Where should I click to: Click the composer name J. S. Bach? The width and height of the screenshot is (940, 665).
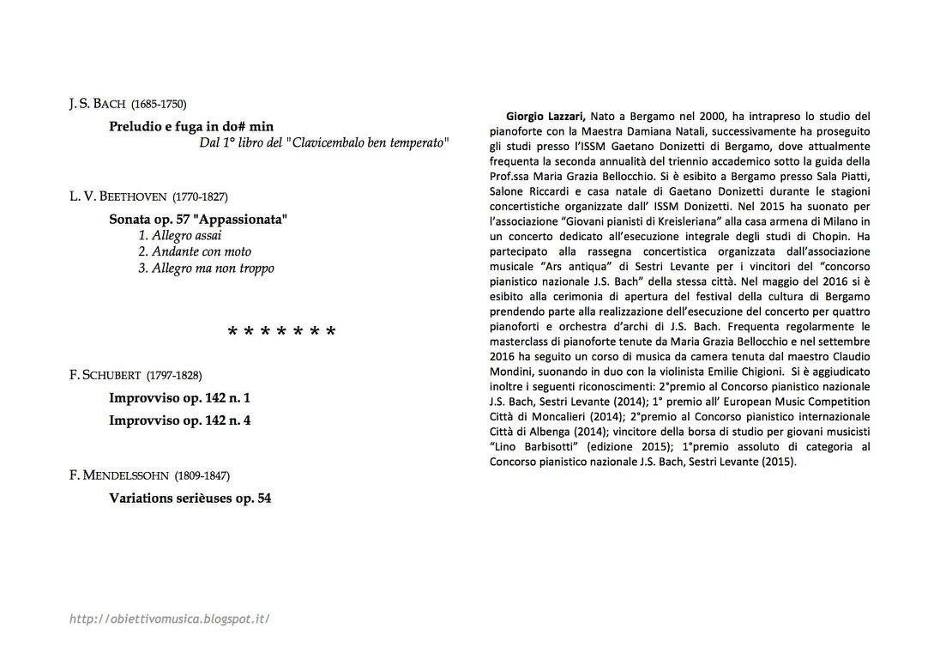coord(98,105)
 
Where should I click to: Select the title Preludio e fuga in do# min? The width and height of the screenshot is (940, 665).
coord(191,126)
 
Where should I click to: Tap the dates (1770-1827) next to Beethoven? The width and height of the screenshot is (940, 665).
coord(200,196)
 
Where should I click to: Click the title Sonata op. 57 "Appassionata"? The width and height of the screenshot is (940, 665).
coord(198,219)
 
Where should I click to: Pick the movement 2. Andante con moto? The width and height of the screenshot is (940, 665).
coord(195,251)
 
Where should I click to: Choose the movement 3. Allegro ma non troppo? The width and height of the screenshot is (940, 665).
coord(206,268)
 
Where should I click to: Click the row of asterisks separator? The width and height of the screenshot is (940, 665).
coord(281,332)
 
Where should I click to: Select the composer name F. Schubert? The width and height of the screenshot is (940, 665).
coord(106,375)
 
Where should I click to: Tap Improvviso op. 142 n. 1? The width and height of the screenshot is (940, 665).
coord(179,398)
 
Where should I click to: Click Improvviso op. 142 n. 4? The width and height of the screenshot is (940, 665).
coord(179,420)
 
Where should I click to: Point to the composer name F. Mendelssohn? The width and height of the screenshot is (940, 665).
coord(120,475)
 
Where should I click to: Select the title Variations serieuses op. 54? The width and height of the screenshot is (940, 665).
coord(190,497)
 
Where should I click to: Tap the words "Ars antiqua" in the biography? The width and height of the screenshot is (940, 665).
coord(569,266)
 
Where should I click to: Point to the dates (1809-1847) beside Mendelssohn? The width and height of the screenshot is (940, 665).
coord(202,475)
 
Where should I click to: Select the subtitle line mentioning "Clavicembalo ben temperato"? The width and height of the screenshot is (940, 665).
coord(324,142)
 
